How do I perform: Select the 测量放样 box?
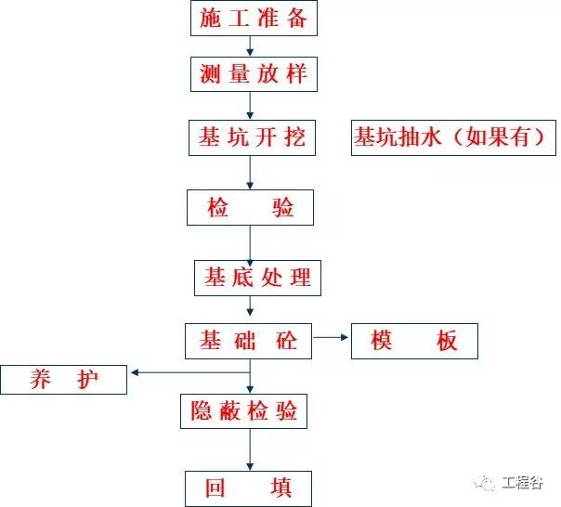(253, 74)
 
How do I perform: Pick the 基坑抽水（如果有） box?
(454, 138)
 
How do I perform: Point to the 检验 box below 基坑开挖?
(250, 208)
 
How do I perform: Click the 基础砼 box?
(249, 341)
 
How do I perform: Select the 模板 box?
(415, 341)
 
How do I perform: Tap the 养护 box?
(64, 380)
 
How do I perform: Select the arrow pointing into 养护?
(190, 373)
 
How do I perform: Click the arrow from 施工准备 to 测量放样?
(249, 46)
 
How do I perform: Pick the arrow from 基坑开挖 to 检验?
(250, 173)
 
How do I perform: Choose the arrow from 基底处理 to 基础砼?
(250, 308)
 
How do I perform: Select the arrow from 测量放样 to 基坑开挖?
(250, 106)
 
